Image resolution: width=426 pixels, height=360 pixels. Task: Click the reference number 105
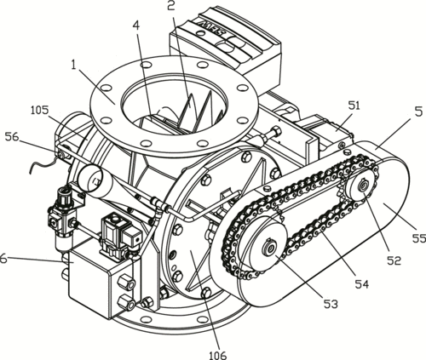pyautogui.click(x=40, y=111)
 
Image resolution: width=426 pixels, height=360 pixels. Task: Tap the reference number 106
pyautogui.click(x=219, y=355)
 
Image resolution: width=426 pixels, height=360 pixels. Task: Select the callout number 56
pyautogui.click(x=12, y=137)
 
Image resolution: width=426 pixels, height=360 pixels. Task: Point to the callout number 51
pyautogui.click(x=353, y=106)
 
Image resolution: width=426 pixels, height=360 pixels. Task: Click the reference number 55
pyautogui.click(x=419, y=238)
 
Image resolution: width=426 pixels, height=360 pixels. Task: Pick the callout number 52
pyautogui.click(x=394, y=260)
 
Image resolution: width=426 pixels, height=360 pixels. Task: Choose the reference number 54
pyautogui.click(x=362, y=284)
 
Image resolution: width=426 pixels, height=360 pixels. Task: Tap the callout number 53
pyautogui.click(x=331, y=304)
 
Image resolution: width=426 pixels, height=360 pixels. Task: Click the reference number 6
pyautogui.click(x=3, y=259)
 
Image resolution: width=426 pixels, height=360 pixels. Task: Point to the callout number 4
pyautogui.click(x=136, y=26)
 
